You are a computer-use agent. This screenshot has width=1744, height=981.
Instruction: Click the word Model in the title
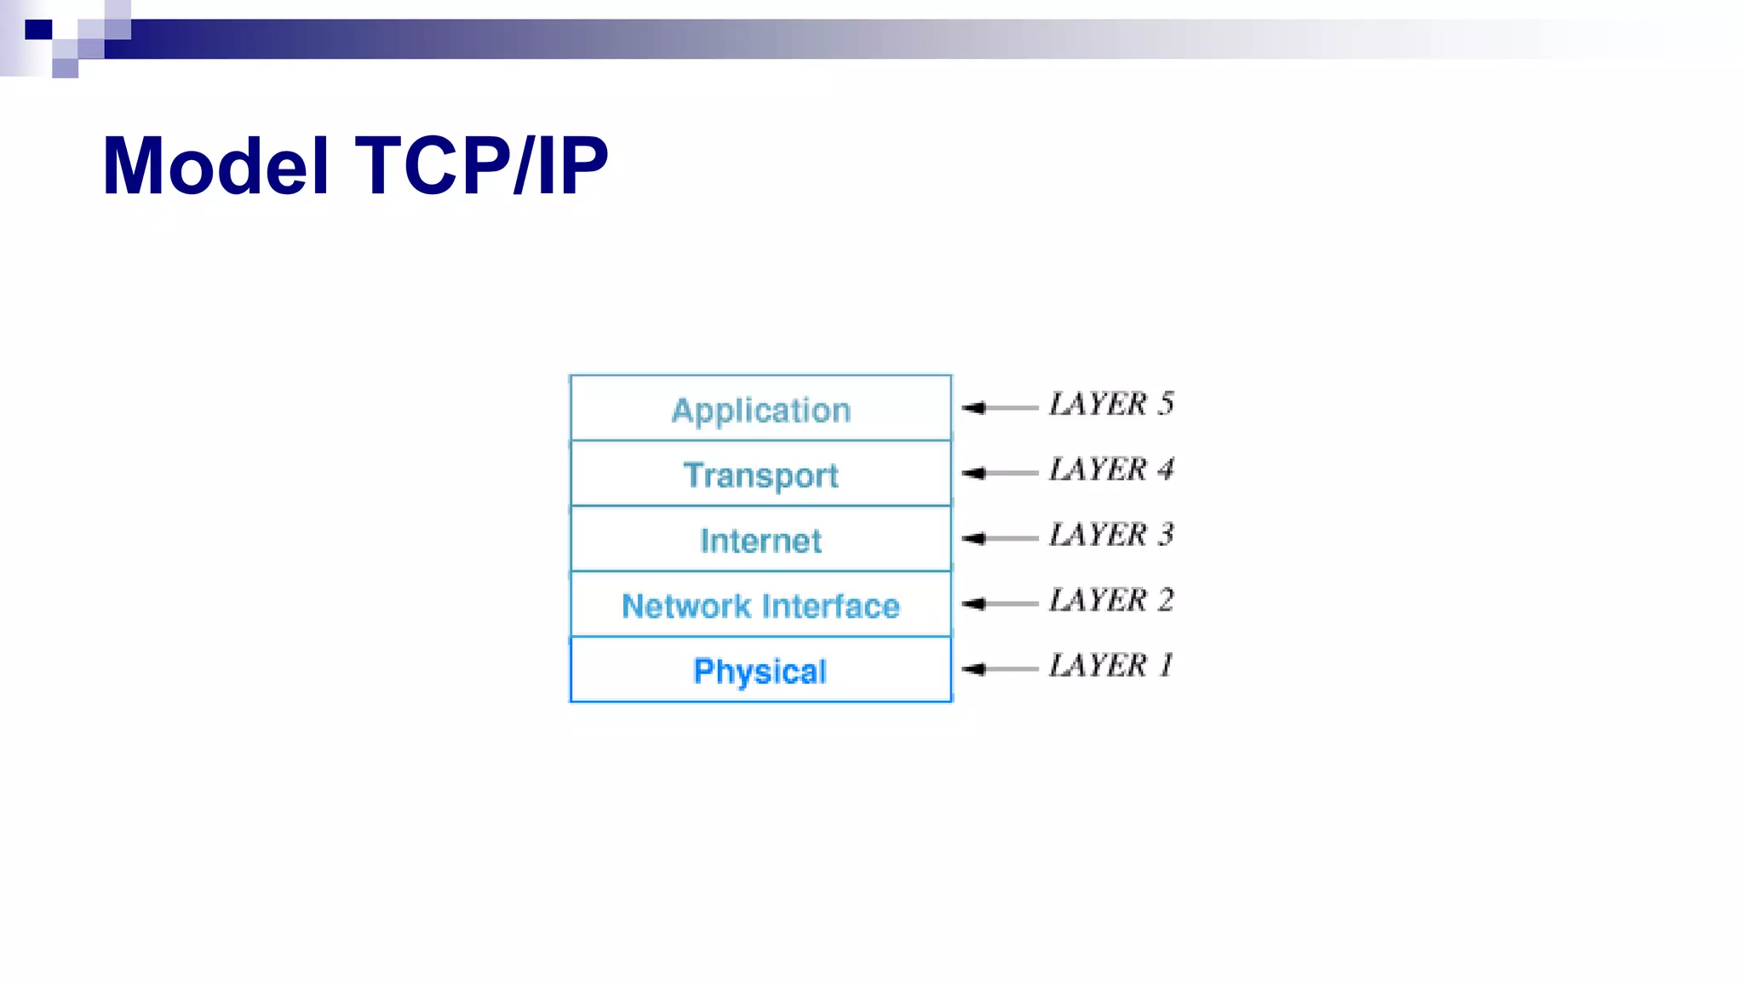click(215, 166)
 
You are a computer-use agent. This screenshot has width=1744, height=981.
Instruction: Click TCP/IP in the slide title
click(482, 166)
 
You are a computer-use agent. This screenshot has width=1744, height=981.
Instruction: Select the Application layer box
click(760, 410)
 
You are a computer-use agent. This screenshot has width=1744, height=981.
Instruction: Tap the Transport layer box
click(760, 474)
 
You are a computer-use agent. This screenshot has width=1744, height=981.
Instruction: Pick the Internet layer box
click(760, 540)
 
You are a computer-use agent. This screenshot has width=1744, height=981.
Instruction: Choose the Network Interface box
click(760, 605)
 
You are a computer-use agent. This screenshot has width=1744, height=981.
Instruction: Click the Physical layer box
click(760, 671)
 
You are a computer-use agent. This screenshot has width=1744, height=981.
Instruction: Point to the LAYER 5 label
click(1111, 404)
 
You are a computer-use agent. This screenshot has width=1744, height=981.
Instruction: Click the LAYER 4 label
click(1111, 469)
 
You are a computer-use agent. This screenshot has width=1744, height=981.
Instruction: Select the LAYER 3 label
click(1111, 535)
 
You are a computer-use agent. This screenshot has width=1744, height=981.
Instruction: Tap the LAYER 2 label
click(1111, 600)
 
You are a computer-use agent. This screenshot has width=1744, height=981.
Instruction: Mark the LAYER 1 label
click(1111, 665)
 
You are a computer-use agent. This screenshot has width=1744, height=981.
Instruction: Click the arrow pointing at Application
click(998, 408)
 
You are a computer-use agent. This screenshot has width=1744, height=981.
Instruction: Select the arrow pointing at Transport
click(998, 473)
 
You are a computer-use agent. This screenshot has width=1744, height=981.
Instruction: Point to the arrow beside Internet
click(998, 538)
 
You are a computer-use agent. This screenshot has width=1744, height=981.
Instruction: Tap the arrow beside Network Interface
click(998, 604)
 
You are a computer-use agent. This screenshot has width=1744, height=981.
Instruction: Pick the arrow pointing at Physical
click(998, 669)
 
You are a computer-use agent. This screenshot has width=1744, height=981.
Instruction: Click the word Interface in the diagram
click(831, 605)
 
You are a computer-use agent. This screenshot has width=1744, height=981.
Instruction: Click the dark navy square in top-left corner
click(38, 31)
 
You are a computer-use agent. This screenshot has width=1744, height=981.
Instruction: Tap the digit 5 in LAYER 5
click(1166, 404)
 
